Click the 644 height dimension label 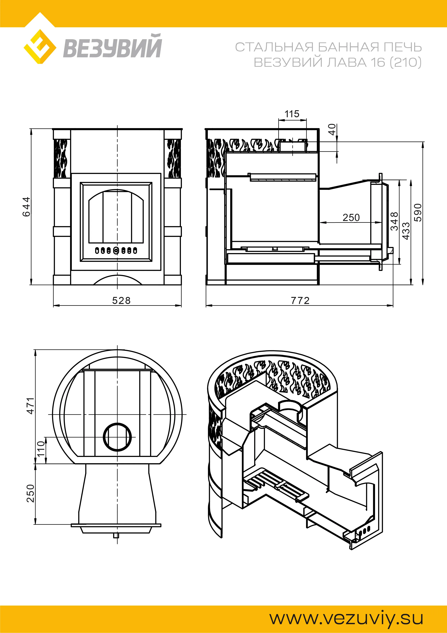pos(26,207)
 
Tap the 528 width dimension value pos(121,301)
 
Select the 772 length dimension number pos(300,301)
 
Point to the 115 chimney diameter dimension pos(292,114)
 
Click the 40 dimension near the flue pos(332,129)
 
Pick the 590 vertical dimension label pos(418,212)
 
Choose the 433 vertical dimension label pos(406,231)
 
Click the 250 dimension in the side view pos(351,218)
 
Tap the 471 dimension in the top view pos(31,406)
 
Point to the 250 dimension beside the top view pos(31,494)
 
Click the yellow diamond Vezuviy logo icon pos(40,46)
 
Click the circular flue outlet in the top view pos(117,437)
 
